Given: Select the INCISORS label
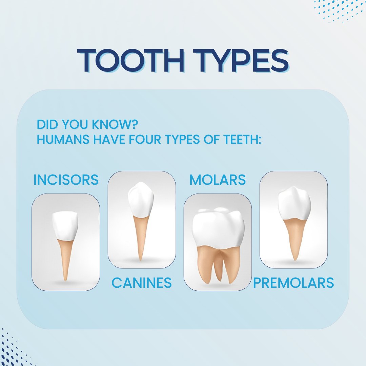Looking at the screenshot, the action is coord(66,180).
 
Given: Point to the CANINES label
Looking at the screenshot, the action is coord(142,283).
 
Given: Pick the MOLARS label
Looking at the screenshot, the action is coord(218,180).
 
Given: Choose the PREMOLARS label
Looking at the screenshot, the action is coord(293,283).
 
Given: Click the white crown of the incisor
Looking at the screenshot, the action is coord(65,226).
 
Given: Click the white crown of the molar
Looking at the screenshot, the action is coord(218,227).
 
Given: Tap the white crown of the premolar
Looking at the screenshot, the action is coord(294,203).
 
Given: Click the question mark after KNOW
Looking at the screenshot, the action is coord(135,124).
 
